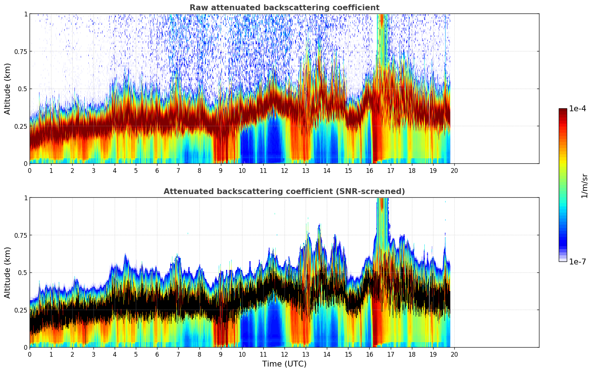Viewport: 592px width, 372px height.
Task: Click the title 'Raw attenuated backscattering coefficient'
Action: click(284, 8)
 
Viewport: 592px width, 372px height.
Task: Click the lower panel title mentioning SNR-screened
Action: click(284, 191)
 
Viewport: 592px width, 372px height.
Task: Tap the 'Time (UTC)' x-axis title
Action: click(284, 364)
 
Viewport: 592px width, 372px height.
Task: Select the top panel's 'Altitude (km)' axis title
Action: click(8, 89)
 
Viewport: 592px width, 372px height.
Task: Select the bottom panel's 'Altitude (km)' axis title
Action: click(8, 272)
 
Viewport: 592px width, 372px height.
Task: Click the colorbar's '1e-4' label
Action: click(577, 109)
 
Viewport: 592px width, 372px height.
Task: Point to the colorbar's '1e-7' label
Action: click(577, 261)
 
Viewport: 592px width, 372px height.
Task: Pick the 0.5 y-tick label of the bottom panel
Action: click(23, 272)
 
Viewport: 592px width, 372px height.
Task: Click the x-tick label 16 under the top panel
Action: click(370, 171)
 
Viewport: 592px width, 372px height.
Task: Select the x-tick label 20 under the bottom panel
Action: click(454, 354)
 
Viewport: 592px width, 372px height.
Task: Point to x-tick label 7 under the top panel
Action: click(178, 171)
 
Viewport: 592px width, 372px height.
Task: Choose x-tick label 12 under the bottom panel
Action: click(284, 354)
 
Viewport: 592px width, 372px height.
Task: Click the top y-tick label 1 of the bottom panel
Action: click(26, 198)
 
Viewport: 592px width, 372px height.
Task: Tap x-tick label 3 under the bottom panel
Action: click(93, 354)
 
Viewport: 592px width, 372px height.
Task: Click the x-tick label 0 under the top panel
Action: click(30, 171)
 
